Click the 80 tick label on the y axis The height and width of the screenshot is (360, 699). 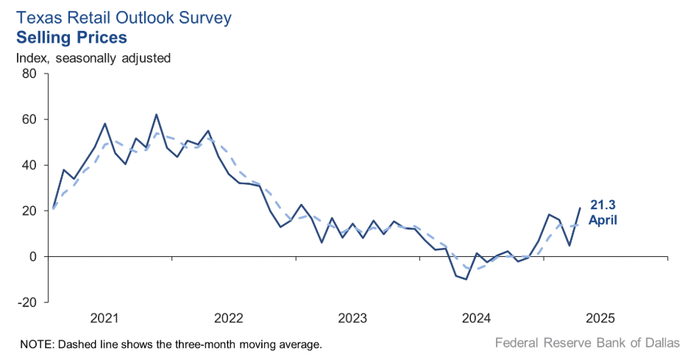click(29, 74)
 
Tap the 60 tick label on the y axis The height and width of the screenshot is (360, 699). click(29, 119)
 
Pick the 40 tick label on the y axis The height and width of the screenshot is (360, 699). click(29, 165)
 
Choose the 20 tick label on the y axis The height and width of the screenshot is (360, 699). click(29, 211)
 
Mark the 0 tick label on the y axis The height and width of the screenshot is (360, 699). click(33, 257)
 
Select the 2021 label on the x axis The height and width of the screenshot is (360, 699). click(104, 319)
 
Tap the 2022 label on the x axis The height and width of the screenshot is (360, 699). click(229, 319)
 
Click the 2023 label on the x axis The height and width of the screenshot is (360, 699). click(352, 319)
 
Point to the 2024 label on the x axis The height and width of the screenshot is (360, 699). click(476, 319)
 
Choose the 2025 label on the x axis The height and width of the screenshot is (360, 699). click(600, 319)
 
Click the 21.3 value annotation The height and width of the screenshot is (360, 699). click(602, 205)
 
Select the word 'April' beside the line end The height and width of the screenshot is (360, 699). click(602, 219)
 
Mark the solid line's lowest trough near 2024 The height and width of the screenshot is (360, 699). click(466, 279)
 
